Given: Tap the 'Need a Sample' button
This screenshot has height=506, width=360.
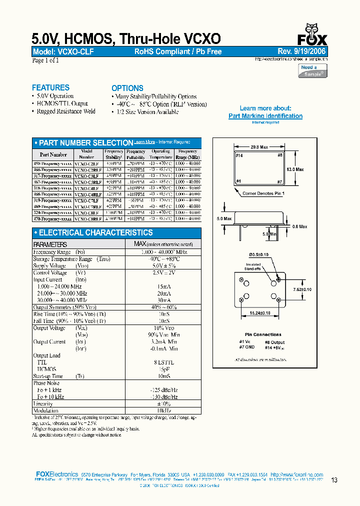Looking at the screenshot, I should click(x=313, y=70).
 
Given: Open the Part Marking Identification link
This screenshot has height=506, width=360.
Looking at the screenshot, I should click(x=265, y=116).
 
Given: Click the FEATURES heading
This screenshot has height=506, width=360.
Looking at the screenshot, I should click(x=50, y=87).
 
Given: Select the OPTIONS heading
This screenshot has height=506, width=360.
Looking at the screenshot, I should click(x=127, y=88).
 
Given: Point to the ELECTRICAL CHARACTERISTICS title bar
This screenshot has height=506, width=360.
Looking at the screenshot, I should click(x=93, y=233).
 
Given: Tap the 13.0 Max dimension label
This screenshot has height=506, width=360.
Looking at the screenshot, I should click(x=295, y=170).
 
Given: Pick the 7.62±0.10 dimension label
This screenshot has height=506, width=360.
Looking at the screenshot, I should click(x=301, y=289).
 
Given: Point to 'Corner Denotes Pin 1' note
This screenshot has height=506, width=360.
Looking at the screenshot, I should click(x=263, y=193).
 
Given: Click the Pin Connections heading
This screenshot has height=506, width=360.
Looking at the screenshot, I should click(x=263, y=334).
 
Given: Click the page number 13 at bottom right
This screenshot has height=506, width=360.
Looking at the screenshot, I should click(x=334, y=480).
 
